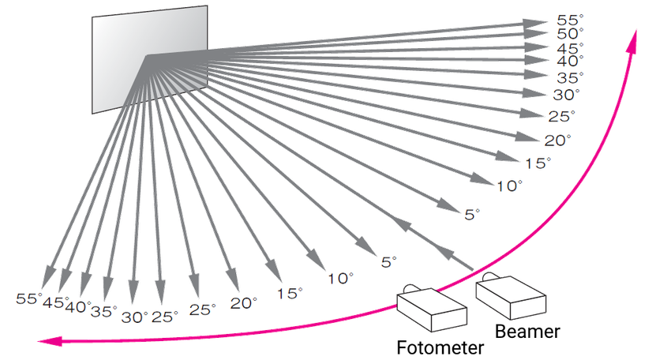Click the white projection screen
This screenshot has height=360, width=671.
150,55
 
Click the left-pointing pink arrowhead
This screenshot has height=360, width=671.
51,341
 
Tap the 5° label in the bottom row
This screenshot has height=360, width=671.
388,260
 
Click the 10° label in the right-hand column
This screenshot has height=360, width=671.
510,186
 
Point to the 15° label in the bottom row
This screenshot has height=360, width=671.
290,293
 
